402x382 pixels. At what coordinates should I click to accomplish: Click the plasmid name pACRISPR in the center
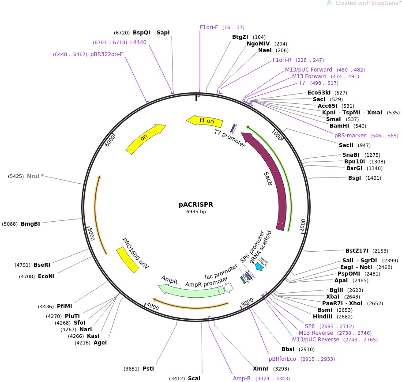[x=195, y=204]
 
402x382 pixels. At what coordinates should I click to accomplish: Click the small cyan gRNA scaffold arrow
[x=259, y=266]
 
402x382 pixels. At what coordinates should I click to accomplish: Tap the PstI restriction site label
[x=148, y=368]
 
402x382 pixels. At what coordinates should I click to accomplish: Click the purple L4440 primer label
[x=138, y=42]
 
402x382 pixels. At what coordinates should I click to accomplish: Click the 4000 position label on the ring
[x=152, y=306]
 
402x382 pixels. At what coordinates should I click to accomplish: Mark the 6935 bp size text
[x=196, y=212]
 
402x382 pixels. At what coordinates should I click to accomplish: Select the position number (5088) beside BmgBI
[x=10, y=224]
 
